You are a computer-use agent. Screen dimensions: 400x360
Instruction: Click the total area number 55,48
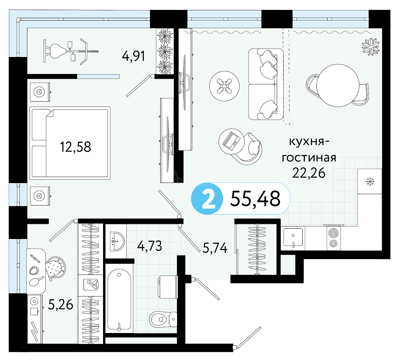point(255,199)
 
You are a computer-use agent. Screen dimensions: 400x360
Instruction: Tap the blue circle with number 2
point(207,198)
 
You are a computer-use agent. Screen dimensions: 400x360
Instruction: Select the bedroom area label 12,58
point(76,147)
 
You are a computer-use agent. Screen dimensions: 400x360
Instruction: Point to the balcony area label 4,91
point(133,56)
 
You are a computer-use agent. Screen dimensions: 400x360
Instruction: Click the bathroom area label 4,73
point(149,246)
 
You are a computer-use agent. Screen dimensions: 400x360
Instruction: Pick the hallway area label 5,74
point(215,247)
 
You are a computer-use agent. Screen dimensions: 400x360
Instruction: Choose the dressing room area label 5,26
point(60,304)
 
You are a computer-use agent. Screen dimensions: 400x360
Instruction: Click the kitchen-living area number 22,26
point(309,173)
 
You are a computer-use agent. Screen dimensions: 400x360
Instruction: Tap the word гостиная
point(309,157)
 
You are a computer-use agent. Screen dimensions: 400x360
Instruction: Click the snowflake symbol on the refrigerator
point(370,181)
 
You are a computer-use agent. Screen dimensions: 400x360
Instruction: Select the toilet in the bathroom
point(163,319)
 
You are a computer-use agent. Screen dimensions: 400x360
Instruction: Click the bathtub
point(119,300)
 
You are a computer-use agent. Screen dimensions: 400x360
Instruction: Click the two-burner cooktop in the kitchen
point(333,238)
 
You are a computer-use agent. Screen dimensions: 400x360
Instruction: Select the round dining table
point(338,85)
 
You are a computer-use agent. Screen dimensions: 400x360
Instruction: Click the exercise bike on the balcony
point(71,51)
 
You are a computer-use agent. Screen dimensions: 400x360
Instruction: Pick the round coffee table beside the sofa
point(224,86)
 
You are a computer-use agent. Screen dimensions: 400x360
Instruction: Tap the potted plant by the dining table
point(371,46)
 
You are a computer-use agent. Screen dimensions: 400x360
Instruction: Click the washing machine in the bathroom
point(168,286)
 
